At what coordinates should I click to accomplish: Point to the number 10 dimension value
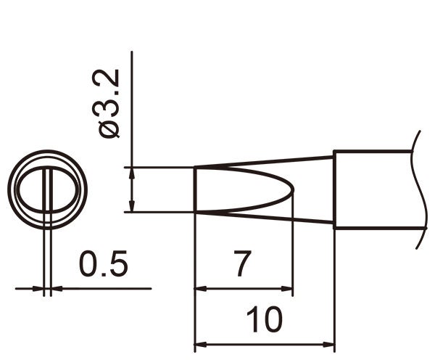pyautogui.click(x=264, y=319)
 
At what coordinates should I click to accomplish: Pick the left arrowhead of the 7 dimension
pyautogui.click(x=201, y=289)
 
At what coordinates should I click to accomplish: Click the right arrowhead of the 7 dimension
pyautogui.click(x=287, y=289)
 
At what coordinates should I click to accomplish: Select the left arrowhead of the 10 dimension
pyautogui.click(x=201, y=343)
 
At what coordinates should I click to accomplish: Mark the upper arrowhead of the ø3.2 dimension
pyautogui.click(x=132, y=173)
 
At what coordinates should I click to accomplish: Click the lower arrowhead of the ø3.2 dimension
pyautogui.click(x=132, y=207)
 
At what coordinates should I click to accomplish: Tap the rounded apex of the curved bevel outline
pyautogui.click(x=293, y=190)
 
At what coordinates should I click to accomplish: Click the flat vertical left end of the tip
pyautogui.click(x=195, y=190)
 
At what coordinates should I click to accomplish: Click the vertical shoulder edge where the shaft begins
pyautogui.click(x=333, y=190)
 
